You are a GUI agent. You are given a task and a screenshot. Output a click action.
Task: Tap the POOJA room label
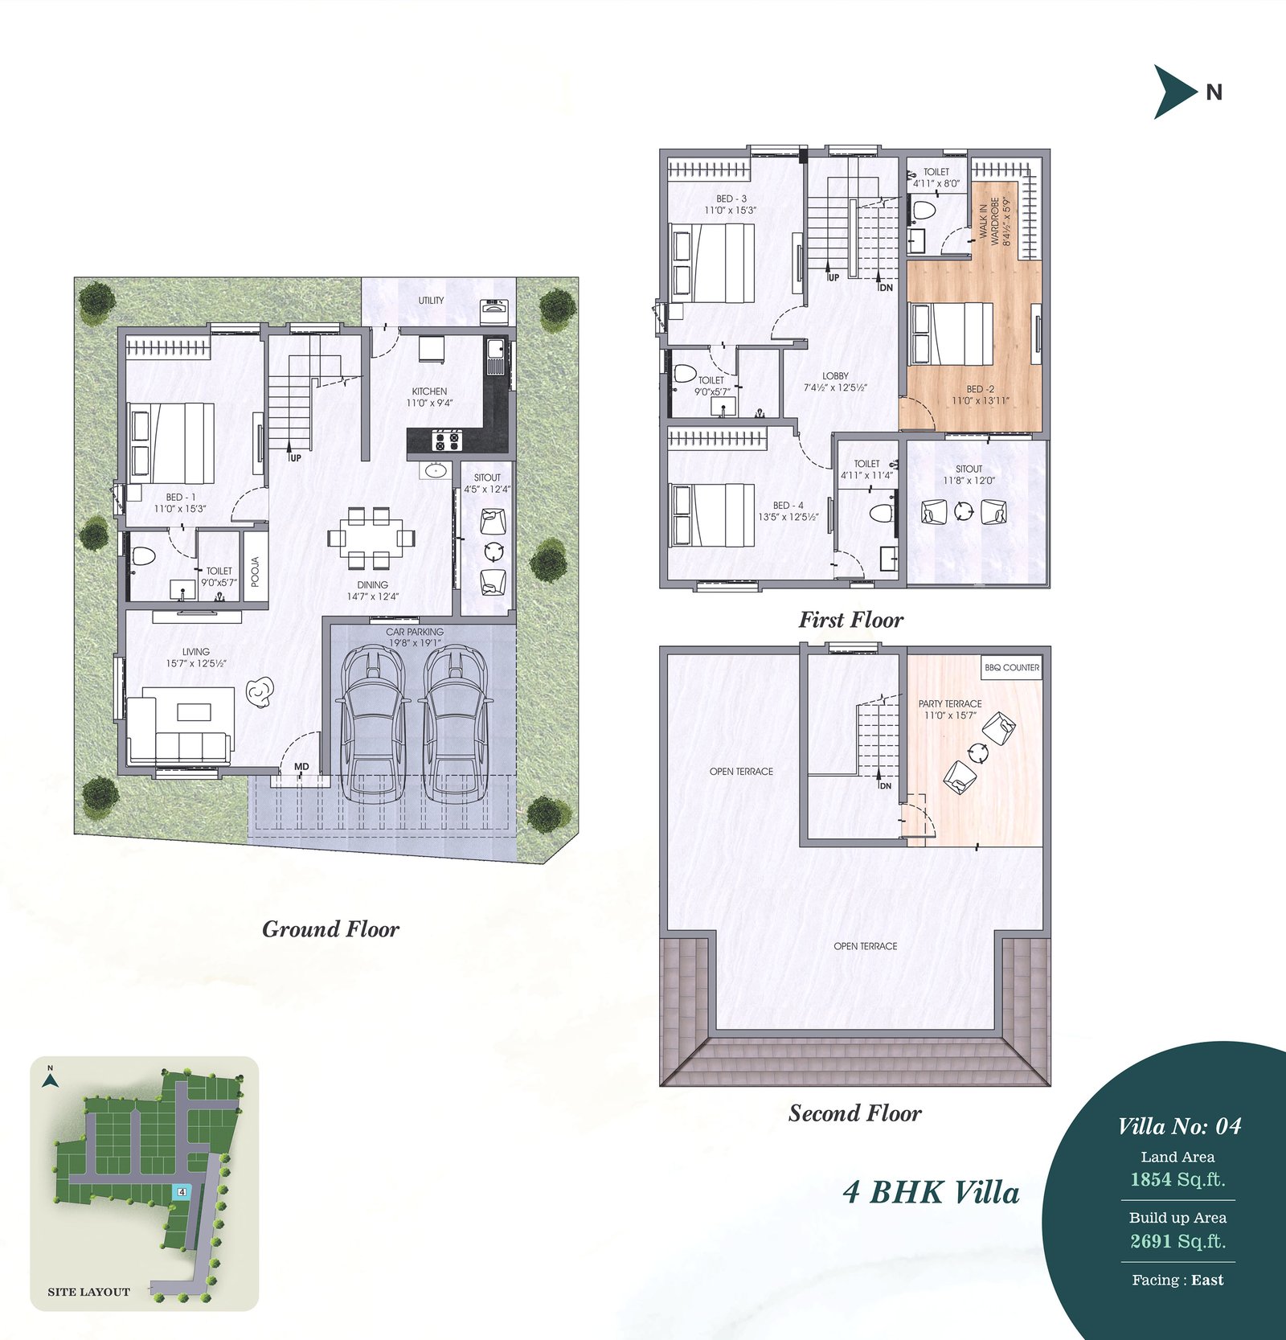click(256, 572)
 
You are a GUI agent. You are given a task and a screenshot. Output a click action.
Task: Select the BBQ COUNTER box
click(1012, 667)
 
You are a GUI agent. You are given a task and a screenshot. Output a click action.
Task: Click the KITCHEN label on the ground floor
click(430, 391)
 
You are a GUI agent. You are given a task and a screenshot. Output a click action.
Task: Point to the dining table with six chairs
click(372, 537)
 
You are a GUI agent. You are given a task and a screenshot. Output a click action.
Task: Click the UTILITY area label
click(431, 300)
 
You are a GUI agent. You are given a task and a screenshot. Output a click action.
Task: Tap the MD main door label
click(301, 766)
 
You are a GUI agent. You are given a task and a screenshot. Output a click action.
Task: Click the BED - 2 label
click(981, 389)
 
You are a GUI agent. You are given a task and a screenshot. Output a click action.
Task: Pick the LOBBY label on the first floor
click(835, 375)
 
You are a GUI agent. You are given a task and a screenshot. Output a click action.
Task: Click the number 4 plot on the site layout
click(182, 1191)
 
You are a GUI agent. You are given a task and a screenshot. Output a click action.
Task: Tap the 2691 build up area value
click(1151, 1241)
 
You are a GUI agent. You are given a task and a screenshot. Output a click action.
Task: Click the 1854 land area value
click(1151, 1179)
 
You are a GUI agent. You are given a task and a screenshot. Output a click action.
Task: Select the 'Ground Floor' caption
click(330, 929)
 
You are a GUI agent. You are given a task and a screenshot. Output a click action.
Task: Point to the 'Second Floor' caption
click(854, 1113)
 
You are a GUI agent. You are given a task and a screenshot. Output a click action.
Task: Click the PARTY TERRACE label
click(950, 703)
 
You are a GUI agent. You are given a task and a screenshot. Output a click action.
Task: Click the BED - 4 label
click(788, 506)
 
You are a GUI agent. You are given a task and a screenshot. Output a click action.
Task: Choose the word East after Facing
click(1208, 1281)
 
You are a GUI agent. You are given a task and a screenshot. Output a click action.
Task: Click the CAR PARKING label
click(415, 632)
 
